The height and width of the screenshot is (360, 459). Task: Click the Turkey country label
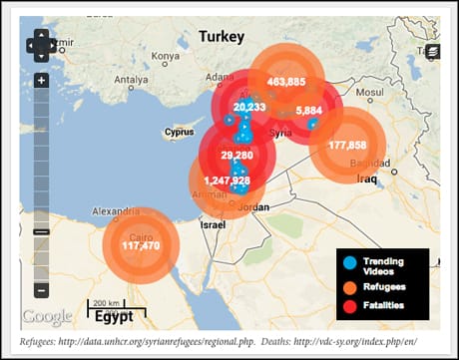[222, 37]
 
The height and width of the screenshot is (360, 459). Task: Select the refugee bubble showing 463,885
[286, 82]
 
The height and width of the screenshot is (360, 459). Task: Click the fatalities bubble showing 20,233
[247, 107]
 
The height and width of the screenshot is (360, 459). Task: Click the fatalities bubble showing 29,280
[237, 156]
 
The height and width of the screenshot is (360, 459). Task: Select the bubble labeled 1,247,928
[228, 180]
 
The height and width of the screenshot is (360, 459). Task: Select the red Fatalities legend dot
[349, 304]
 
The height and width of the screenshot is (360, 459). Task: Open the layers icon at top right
[432, 51]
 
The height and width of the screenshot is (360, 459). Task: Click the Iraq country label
[363, 180]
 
